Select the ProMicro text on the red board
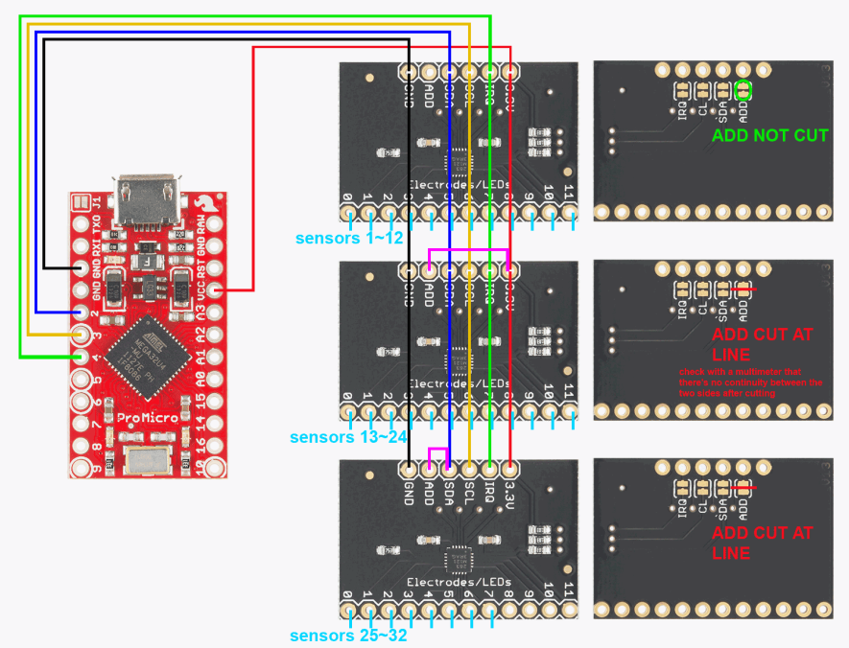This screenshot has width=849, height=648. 142,419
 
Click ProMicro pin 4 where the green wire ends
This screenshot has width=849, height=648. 79,356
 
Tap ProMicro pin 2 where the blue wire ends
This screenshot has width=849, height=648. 79,312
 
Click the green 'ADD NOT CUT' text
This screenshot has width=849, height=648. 768,136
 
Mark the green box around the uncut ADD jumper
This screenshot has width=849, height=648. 743,90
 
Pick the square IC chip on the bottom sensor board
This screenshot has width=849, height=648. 459,558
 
